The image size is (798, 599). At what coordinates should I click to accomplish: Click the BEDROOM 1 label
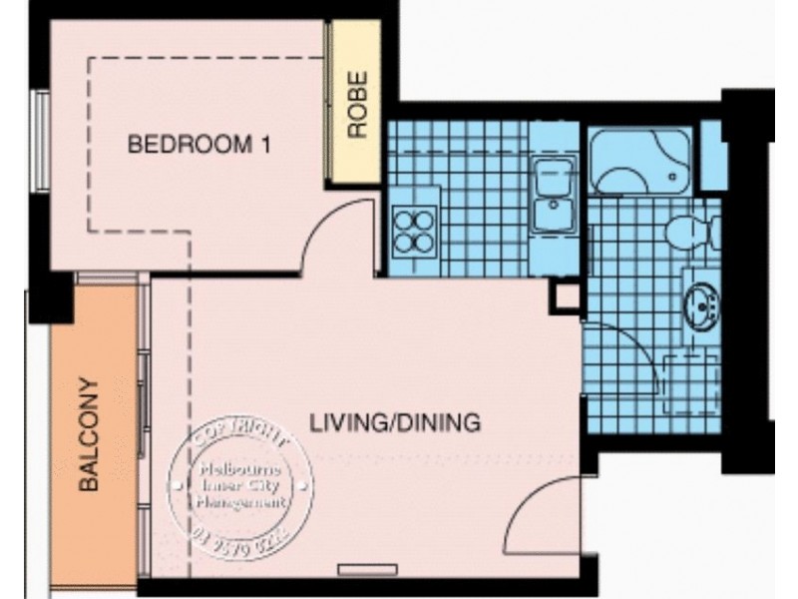point(199,146)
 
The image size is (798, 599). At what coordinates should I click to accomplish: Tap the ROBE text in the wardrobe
point(356,105)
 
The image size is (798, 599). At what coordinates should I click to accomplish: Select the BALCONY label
point(91,433)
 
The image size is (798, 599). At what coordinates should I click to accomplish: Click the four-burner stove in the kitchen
point(415,230)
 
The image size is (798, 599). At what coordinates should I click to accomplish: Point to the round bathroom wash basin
point(700,299)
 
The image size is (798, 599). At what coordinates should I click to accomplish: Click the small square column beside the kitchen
point(566,296)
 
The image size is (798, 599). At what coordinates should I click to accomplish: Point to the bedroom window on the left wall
point(39,140)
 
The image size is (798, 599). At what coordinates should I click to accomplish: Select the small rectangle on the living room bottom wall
point(361,570)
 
